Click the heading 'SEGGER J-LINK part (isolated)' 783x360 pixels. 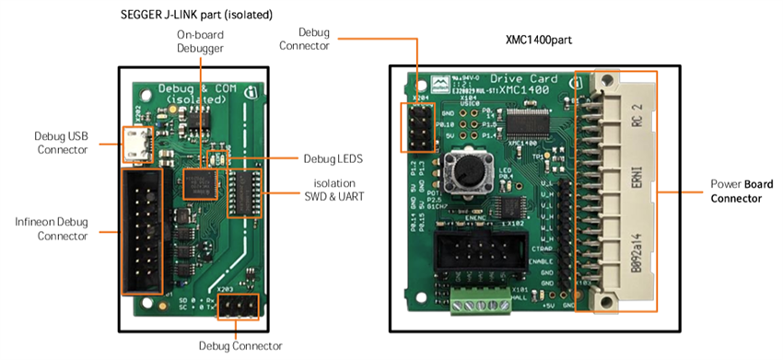tap(195, 15)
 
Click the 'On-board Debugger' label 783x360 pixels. tap(200, 41)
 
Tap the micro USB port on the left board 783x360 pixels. tap(137, 144)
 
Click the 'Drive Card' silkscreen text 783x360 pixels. tap(520, 79)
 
